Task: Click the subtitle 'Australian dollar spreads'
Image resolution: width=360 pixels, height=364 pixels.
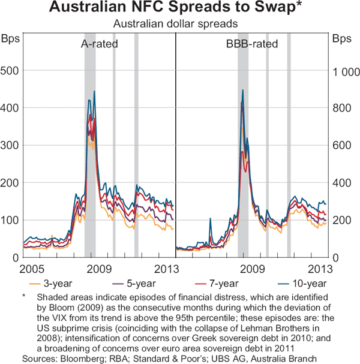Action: click(179, 25)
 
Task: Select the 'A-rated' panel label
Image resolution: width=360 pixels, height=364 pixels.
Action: click(100, 44)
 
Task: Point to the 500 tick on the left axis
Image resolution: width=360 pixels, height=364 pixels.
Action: click(13, 71)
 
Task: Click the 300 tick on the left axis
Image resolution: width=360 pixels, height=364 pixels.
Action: click(13, 146)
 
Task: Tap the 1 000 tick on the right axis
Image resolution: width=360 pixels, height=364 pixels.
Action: click(343, 71)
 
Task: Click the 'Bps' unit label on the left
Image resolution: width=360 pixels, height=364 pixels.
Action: click(11, 40)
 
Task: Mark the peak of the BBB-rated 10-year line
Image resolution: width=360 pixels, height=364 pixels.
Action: click(242, 90)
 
